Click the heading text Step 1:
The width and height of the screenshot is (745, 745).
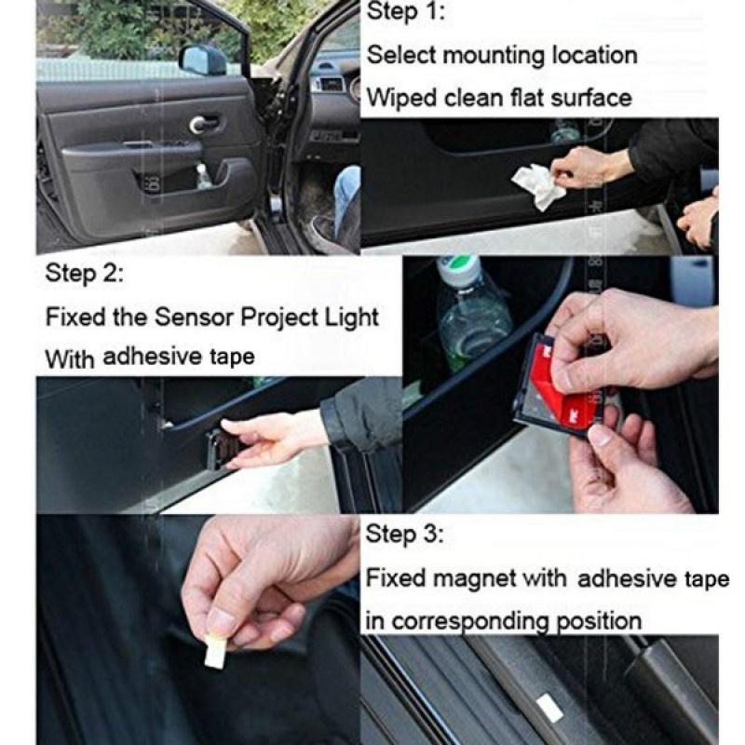click(406, 13)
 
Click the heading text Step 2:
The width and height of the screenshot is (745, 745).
click(85, 275)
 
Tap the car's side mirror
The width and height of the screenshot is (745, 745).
click(203, 60)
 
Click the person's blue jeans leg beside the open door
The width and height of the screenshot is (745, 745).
click(346, 196)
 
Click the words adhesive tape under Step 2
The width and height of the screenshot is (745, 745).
click(178, 357)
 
